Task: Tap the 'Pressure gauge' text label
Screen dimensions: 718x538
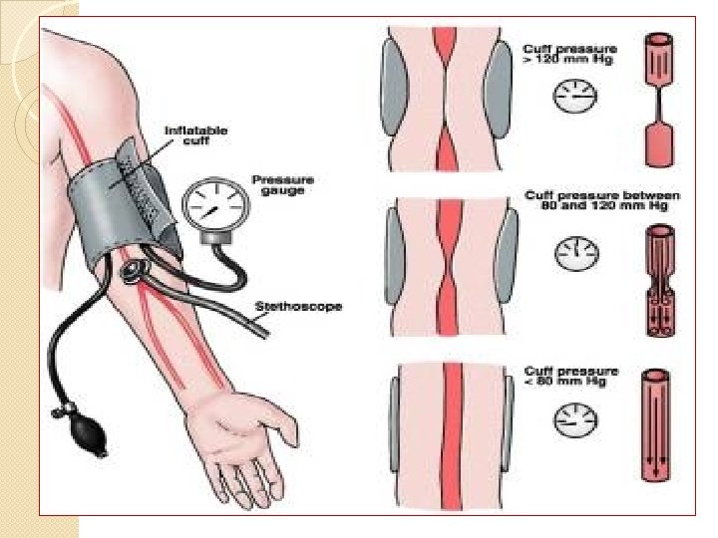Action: coord(282,184)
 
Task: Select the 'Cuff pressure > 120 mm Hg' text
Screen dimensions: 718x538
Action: coord(569,55)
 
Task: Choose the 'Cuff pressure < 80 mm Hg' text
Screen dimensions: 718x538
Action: coord(569,378)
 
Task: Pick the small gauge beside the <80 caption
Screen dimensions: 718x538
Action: coord(570,417)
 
